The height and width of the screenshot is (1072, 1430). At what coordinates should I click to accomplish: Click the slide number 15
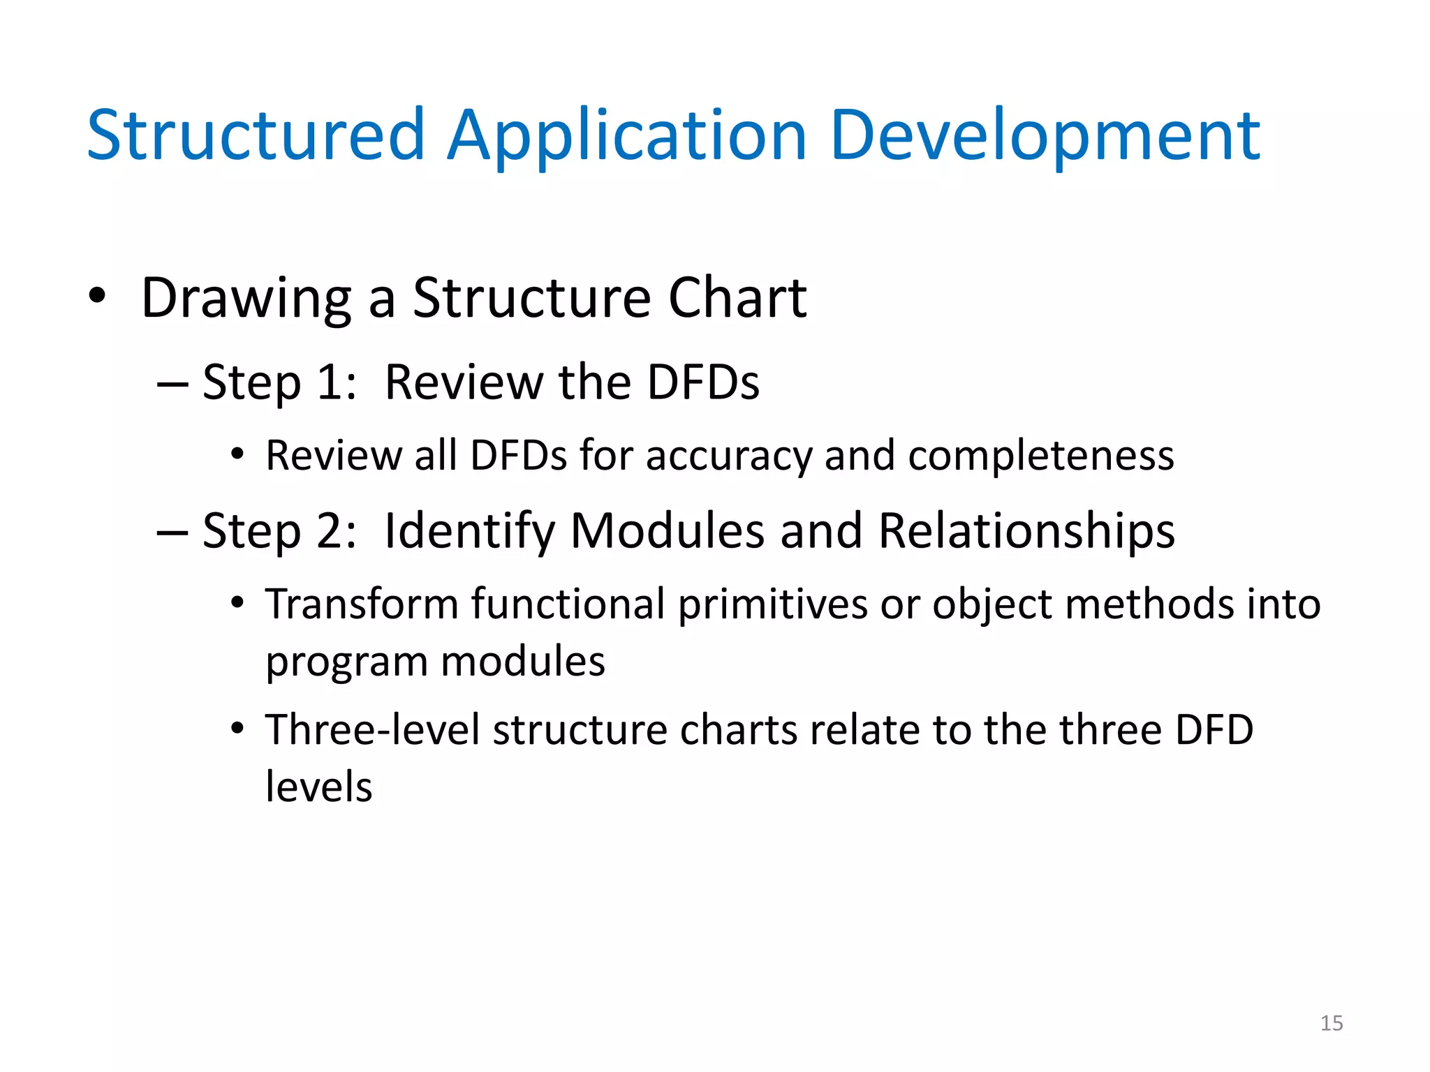tap(1331, 1023)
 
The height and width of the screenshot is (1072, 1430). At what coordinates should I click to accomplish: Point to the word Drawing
tap(246, 299)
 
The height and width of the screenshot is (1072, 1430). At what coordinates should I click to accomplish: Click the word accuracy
tap(728, 456)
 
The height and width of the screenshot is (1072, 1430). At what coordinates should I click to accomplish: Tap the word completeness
tap(1040, 456)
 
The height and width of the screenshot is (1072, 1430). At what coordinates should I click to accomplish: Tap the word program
tap(346, 663)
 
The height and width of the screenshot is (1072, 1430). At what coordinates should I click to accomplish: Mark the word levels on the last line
tap(318, 787)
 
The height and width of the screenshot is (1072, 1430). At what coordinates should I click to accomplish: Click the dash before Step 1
tap(172, 383)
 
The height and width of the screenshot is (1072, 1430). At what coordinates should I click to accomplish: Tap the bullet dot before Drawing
tap(97, 297)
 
